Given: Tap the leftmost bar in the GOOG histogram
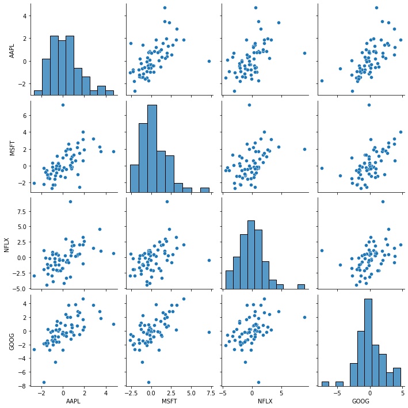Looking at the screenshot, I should point(325,383).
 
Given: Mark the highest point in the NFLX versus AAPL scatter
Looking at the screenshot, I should point(70,201).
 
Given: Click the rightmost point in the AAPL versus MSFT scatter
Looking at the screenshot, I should point(209,61).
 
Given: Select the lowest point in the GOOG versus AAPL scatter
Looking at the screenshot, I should point(44,382).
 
